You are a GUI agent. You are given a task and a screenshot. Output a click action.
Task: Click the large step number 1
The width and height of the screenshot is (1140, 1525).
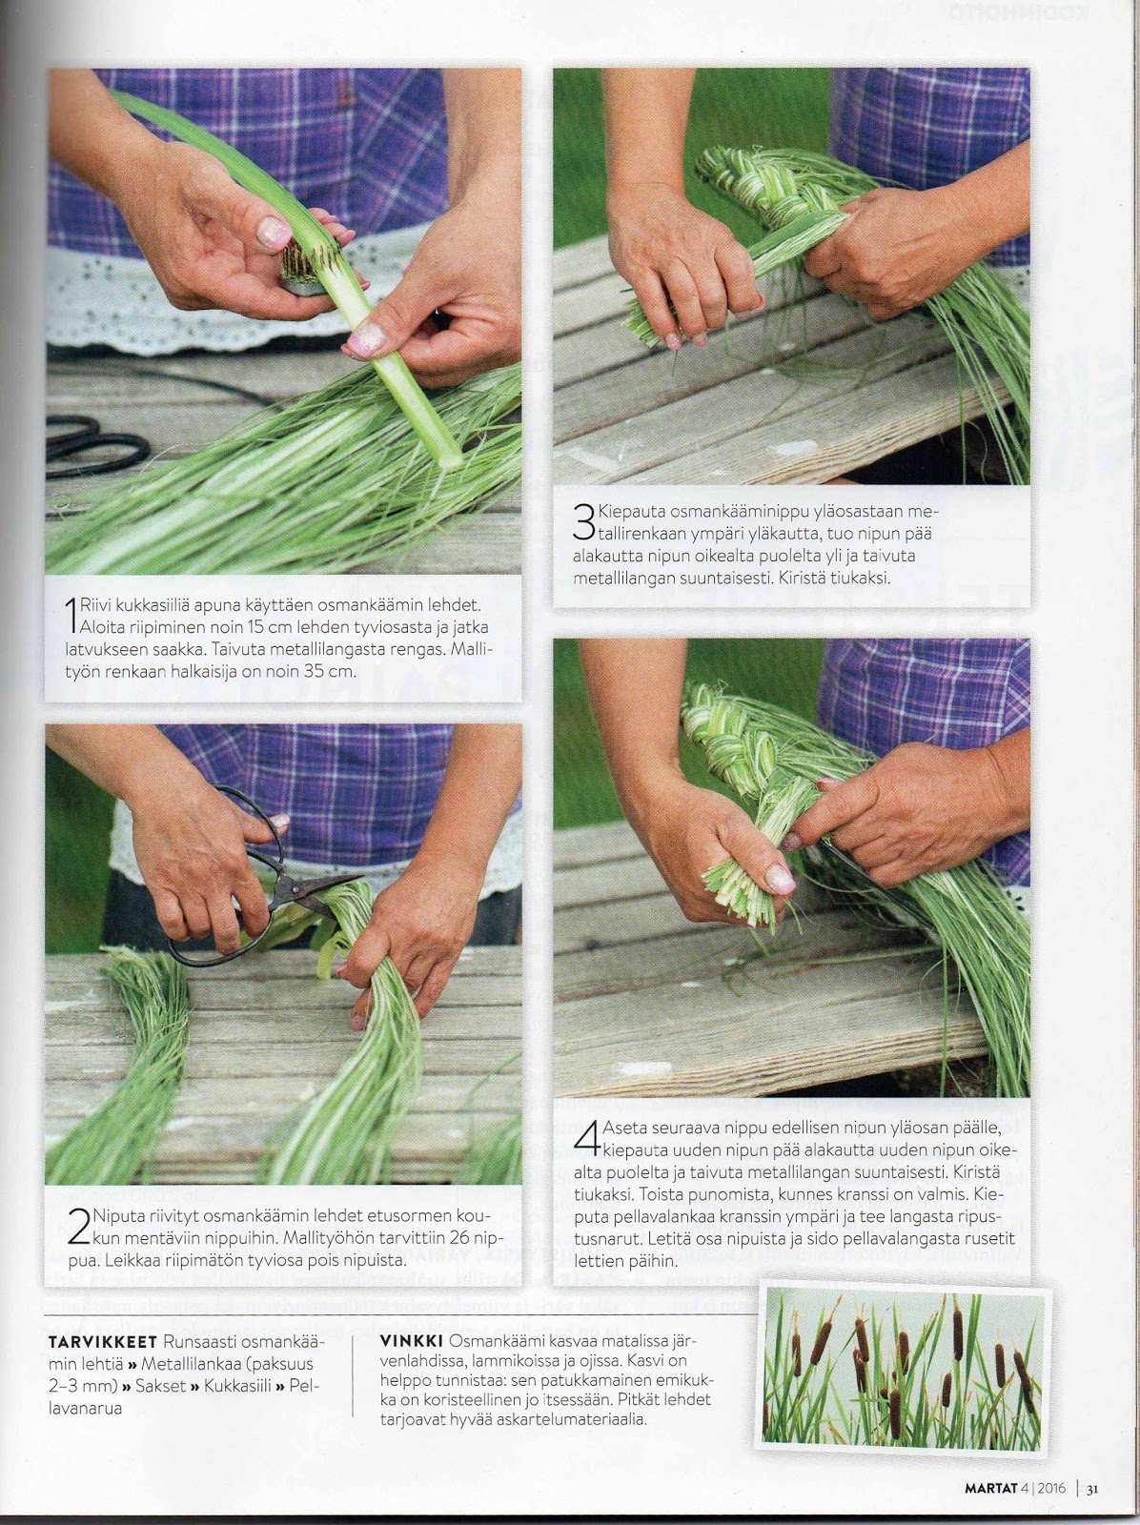click(71, 615)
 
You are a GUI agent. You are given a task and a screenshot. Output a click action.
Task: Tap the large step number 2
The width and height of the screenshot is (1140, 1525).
click(79, 1227)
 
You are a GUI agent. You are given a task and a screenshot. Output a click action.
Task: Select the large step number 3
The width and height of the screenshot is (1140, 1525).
click(584, 522)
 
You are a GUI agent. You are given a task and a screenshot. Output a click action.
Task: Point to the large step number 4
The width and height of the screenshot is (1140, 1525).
click(587, 1137)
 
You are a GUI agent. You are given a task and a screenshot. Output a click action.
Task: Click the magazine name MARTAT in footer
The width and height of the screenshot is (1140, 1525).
click(990, 1483)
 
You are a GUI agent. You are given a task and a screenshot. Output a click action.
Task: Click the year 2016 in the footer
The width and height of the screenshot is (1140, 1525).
click(1051, 1483)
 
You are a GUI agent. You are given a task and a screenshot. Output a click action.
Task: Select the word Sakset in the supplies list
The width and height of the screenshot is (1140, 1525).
click(160, 1385)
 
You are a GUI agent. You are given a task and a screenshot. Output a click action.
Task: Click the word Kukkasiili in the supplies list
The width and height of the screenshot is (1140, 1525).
click(237, 1385)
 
